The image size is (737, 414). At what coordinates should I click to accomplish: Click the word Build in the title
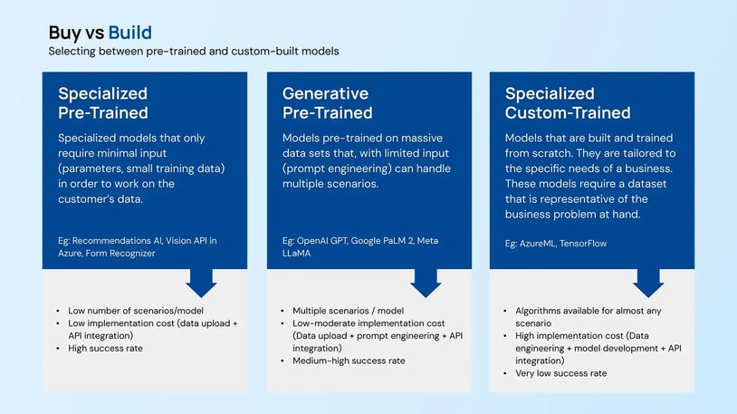(x=129, y=34)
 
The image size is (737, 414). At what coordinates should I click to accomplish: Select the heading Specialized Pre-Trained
(x=102, y=102)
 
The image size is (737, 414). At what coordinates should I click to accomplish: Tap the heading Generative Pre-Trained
(x=327, y=102)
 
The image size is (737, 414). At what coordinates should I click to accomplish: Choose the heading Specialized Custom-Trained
(x=568, y=102)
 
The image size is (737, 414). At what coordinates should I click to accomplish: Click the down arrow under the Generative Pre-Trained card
(x=426, y=283)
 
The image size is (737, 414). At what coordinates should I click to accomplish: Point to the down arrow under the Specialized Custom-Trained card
(x=648, y=283)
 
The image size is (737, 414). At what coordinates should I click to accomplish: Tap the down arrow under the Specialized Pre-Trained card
(x=201, y=283)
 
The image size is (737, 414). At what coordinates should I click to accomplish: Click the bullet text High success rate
(x=105, y=348)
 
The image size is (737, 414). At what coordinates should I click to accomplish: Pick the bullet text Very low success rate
(x=560, y=373)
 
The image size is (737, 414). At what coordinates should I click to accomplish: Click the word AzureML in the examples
(x=541, y=244)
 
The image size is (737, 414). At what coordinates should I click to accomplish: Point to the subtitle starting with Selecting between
(x=194, y=52)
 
